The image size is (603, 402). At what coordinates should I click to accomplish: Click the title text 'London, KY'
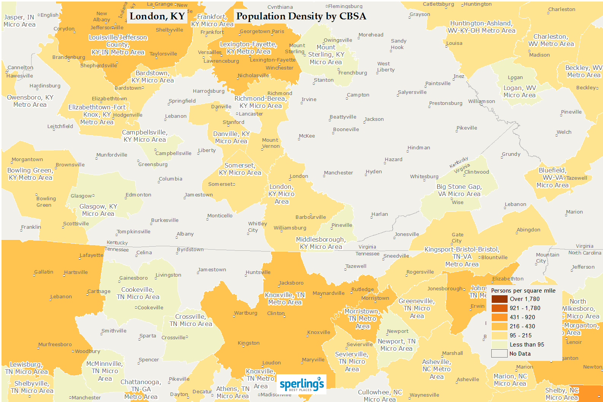pos(157,16)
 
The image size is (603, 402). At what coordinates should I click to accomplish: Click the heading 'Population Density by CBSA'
pos(301,16)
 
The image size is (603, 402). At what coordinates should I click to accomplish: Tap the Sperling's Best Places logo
pos(302,384)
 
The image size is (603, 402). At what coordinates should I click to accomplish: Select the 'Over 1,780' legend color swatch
pos(499,299)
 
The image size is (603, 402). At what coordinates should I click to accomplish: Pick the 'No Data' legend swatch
pos(499,353)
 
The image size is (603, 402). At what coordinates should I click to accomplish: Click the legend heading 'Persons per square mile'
pos(523,291)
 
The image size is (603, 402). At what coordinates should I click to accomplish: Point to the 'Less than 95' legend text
pos(527,345)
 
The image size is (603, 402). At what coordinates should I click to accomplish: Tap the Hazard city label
pos(393,160)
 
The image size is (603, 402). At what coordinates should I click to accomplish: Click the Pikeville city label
pos(467,128)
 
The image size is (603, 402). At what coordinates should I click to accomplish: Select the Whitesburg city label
pos(424,177)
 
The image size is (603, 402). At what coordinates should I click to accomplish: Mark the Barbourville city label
pos(310,217)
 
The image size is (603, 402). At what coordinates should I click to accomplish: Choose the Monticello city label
pos(220,216)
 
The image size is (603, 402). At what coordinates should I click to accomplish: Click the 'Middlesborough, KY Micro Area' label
pos(321,243)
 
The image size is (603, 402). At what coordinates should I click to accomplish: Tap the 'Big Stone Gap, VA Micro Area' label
pos(459,190)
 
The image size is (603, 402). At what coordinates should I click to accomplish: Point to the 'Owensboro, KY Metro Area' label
pos(30,101)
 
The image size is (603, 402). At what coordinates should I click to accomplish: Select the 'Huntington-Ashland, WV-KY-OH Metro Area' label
pos(481,27)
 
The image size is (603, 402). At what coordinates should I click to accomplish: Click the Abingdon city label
pos(528,230)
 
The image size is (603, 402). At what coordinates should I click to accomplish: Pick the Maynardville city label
pos(328,293)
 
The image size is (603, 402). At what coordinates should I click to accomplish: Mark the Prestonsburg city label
pos(446,103)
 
